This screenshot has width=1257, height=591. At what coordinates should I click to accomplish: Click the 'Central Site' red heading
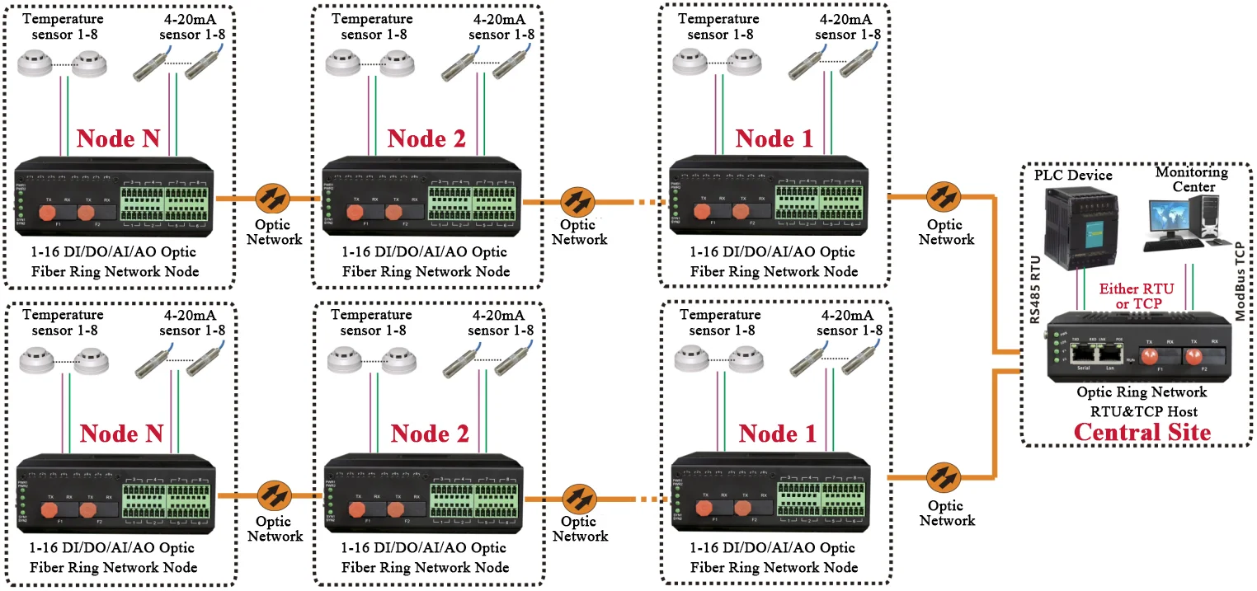click(x=1142, y=432)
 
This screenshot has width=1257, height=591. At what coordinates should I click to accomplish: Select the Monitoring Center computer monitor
click(x=1170, y=218)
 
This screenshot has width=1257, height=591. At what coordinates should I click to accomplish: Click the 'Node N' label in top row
click(x=118, y=138)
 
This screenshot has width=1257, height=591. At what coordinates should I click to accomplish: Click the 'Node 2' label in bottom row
click(x=429, y=434)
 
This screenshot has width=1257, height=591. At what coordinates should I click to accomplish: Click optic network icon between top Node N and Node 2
click(x=272, y=199)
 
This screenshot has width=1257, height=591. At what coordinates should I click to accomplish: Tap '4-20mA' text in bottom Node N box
click(x=190, y=315)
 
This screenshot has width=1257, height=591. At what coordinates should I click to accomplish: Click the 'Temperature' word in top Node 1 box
click(x=724, y=19)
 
